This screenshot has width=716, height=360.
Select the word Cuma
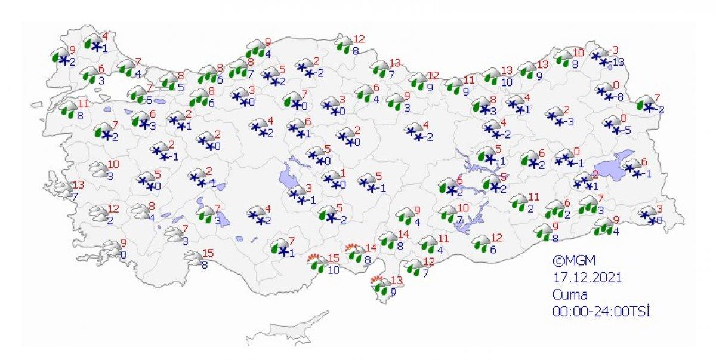pos(570,294)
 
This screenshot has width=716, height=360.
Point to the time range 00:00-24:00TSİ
pos(593,310)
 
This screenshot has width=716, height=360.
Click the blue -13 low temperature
pos(617,62)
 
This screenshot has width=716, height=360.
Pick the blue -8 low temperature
pos(619,96)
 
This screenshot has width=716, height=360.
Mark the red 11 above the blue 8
pos(84,103)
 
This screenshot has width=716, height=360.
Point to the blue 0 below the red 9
pos(123,255)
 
